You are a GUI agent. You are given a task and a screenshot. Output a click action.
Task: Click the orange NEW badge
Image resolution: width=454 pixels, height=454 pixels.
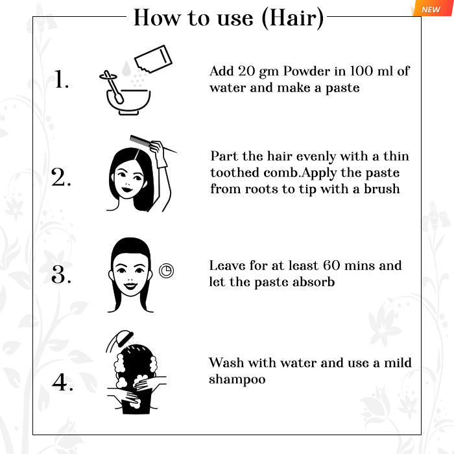point(432,8)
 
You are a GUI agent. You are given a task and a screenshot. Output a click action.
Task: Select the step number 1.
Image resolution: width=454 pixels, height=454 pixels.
point(62,79)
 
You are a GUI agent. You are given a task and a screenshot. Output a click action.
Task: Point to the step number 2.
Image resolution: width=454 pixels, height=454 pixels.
point(61,177)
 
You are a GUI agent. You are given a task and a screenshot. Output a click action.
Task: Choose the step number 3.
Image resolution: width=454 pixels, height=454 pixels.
point(61,274)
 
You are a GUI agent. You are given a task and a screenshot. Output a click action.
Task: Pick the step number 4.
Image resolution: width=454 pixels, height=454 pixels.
point(62,382)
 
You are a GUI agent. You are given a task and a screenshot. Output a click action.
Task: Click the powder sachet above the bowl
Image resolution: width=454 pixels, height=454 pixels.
point(154,59)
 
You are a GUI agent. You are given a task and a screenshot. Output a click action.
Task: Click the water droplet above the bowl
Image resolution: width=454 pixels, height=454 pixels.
point(126,68)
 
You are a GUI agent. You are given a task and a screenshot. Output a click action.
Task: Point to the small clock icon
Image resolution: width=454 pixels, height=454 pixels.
point(167,270)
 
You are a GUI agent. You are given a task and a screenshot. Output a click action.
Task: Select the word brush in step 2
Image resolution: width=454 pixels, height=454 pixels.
point(381,189)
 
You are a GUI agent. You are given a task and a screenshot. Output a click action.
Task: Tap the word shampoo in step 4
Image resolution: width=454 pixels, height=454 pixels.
point(237,379)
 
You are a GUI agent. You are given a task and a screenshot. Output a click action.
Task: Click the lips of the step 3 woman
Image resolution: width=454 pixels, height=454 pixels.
point(130,286)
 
